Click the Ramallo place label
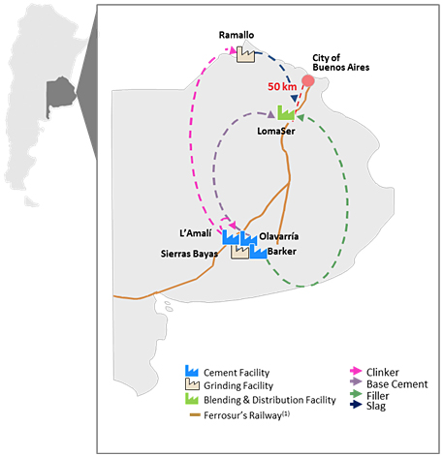point(237,35)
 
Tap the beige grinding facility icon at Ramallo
point(245,54)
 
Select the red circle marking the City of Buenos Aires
point(308,80)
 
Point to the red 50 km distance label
point(282,86)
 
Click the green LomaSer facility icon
point(286,112)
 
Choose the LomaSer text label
point(276,131)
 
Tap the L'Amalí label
point(196,233)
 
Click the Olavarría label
point(278,236)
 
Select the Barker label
point(282,251)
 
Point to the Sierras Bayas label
point(189,254)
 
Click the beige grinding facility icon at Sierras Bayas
point(239,252)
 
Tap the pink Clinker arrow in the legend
point(356,371)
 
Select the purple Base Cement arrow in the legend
point(356,381)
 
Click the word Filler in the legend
point(377,396)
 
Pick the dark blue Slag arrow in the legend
point(356,404)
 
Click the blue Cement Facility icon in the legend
point(192,371)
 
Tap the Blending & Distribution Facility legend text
point(269,400)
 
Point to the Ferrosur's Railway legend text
point(246,415)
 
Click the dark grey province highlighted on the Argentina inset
point(60,94)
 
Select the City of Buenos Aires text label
point(340,63)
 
